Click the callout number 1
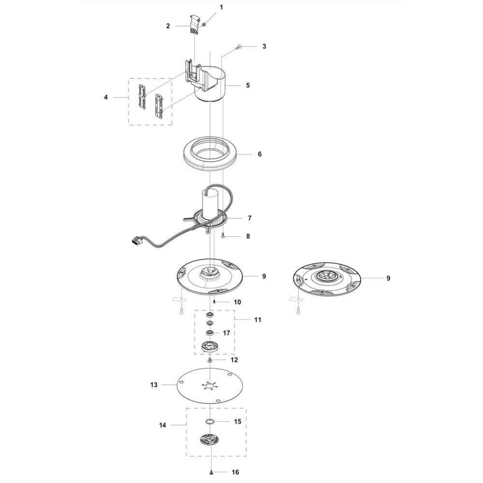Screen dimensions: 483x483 click(221, 7)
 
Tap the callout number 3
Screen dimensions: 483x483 click(264, 46)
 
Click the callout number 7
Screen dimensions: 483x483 click(250, 218)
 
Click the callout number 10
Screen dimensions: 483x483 click(237, 302)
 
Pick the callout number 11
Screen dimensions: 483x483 click(257, 320)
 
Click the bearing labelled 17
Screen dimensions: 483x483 click(211, 333)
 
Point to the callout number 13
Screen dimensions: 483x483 click(154, 385)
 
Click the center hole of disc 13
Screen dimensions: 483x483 click(210, 385)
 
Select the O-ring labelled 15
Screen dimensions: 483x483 click(210, 421)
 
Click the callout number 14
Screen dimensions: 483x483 click(162, 425)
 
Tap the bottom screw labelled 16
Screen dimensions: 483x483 click(211, 472)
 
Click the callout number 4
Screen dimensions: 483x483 click(106, 98)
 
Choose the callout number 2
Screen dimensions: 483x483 click(168, 26)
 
